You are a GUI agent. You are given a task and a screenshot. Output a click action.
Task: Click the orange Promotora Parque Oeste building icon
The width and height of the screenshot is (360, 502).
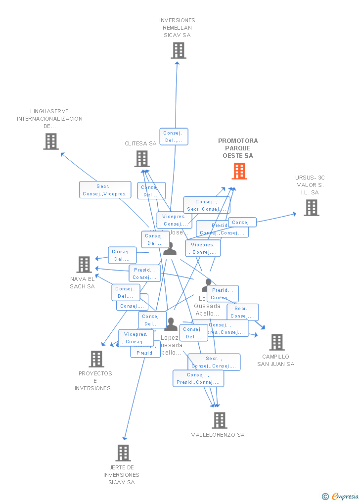click(x=239, y=171)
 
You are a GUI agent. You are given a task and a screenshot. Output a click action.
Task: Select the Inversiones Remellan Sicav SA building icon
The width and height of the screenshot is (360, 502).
click(x=178, y=50)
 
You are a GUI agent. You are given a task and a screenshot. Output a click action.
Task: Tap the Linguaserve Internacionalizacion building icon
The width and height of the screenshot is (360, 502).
click(x=51, y=141)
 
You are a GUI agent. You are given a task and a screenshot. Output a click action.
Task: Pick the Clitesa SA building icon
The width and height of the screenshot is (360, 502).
click(x=142, y=159)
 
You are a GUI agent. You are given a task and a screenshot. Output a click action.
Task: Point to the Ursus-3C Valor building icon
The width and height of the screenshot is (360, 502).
click(x=311, y=208)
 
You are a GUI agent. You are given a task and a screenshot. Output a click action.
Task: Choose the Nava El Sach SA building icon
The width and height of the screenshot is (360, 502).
click(x=84, y=265)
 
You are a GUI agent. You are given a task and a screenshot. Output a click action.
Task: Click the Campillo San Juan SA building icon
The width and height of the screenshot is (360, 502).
click(x=276, y=342)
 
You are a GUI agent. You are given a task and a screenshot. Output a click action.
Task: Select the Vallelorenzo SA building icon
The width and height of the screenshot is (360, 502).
click(x=219, y=420)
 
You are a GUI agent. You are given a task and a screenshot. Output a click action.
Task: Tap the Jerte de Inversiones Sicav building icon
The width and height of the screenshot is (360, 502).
click(x=123, y=453)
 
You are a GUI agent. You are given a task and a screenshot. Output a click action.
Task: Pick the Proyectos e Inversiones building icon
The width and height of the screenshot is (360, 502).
click(x=96, y=359)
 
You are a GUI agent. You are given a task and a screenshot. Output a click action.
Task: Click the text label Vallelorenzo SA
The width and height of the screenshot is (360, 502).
click(x=218, y=435)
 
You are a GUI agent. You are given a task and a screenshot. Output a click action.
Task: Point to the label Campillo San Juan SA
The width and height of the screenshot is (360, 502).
click(x=275, y=360)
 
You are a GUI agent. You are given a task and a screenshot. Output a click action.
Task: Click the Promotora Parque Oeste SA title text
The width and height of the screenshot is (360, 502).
click(x=238, y=148)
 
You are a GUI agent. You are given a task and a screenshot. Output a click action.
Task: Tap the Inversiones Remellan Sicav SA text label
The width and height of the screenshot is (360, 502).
click(x=177, y=28)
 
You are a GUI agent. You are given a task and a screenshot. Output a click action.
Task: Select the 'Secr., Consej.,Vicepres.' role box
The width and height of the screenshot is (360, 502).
click(x=105, y=190)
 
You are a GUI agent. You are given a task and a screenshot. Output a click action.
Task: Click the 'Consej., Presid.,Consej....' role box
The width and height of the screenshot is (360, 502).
click(x=198, y=378)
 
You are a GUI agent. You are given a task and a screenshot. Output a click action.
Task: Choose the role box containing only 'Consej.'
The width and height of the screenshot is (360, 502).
click(x=242, y=223)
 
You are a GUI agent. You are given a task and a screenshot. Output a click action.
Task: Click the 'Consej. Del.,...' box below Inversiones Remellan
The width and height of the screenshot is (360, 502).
click(x=174, y=137)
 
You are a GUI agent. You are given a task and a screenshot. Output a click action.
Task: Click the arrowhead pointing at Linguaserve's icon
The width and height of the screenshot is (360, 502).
click(x=62, y=154)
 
